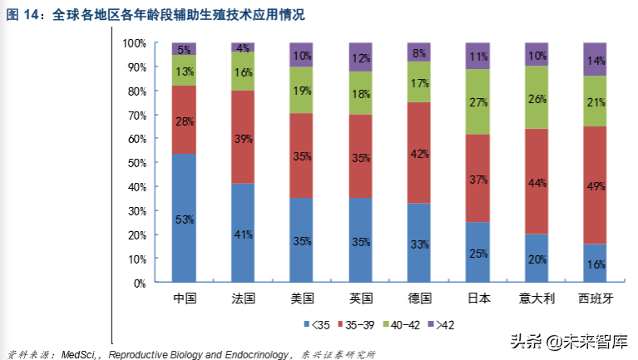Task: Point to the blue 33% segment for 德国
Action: pos(418,243)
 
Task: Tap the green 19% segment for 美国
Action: pos(301,90)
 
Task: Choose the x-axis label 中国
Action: pos(184,298)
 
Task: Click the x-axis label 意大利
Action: pos(536,298)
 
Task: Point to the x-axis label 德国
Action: pos(418,298)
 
